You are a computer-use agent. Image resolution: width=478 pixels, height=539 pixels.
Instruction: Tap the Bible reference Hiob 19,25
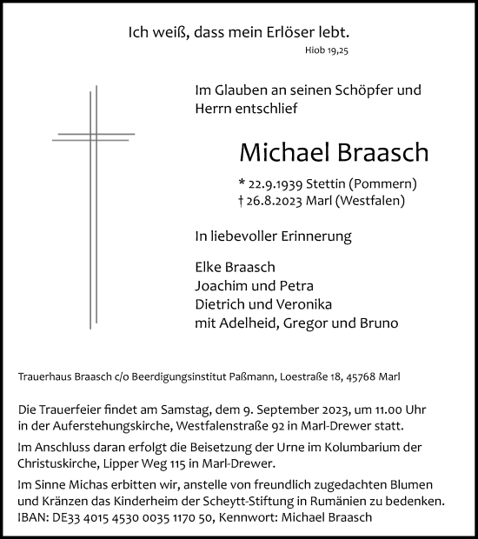[332, 51]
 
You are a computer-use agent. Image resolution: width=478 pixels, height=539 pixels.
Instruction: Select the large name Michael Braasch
[334, 152]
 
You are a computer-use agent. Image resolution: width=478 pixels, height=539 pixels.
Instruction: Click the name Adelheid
[258, 323]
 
